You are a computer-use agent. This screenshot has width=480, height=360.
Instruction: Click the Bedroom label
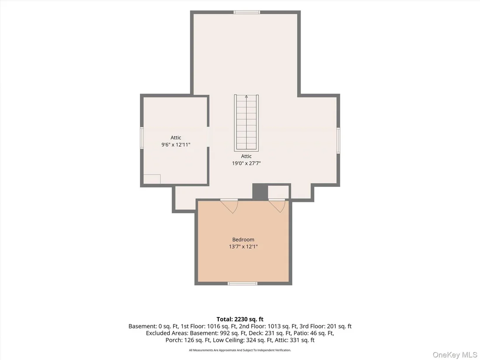point(243,240)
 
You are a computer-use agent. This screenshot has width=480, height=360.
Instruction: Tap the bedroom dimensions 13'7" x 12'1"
point(243,247)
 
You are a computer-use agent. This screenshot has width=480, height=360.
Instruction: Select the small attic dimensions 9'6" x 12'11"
point(176,145)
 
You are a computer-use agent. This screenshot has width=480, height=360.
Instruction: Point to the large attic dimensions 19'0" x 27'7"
point(246,163)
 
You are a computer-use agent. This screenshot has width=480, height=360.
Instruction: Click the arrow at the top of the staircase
point(246,97)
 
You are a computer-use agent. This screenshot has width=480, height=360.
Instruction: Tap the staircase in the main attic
point(246,123)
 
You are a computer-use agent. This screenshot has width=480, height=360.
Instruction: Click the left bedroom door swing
point(229,206)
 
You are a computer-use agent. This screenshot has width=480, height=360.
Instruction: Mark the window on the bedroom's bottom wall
point(243,284)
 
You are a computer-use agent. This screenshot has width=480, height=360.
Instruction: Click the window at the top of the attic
point(247,12)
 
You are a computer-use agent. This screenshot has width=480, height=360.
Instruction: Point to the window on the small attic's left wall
point(142,138)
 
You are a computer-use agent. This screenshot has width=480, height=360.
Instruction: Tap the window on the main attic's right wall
point(338,140)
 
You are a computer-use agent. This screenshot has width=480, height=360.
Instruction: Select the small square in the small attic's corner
point(152,179)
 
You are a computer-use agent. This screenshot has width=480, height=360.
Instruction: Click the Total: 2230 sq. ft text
point(240,319)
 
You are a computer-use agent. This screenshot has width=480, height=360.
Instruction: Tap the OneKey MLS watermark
point(454,355)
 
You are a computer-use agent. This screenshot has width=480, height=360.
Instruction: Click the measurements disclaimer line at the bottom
point(240,350)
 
